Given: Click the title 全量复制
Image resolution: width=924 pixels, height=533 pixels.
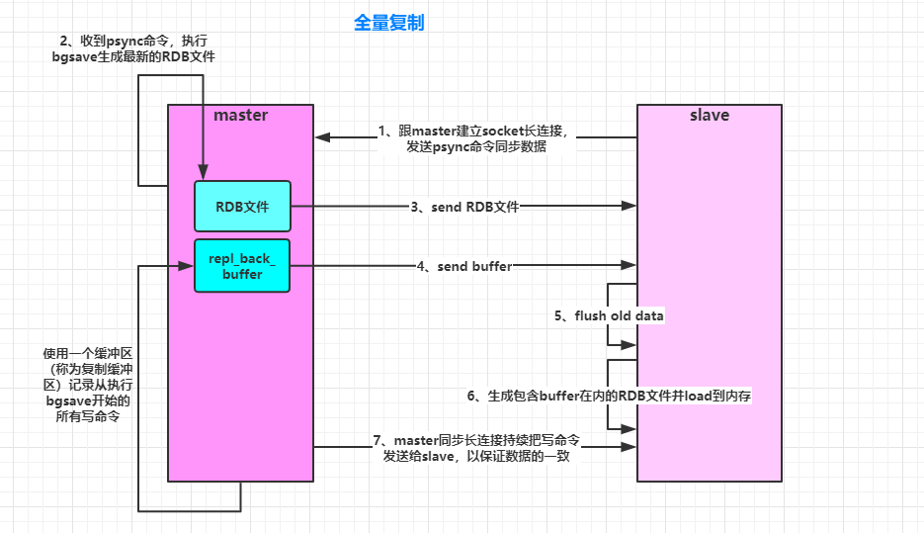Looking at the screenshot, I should click(x=388, y=22).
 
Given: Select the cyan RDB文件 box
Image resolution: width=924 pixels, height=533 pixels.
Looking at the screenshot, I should click(x=242, y=207).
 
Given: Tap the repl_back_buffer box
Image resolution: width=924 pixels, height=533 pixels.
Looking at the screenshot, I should click(x=242, y=265).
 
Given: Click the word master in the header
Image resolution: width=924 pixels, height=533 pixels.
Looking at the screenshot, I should click(x=241, y=116).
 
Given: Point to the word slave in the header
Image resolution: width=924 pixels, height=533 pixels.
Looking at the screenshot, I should click(x=709, y=116).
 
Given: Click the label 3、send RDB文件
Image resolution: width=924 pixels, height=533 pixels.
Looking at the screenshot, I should click(x=464, y=207).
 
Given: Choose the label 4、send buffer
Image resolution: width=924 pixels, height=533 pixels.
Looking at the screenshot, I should click(x=464, y=265).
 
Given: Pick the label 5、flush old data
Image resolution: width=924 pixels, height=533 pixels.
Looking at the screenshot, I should click(x=609, y=315).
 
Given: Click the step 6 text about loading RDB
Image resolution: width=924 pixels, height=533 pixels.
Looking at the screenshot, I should click(x=611, y=396).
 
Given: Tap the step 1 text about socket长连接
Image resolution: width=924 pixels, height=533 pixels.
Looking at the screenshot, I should click(x=475, y=138).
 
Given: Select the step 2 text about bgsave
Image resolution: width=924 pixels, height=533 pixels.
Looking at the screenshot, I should click(x=133, y=49).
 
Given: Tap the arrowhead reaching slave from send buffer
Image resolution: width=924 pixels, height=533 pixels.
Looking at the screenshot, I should click(x=629, y=265).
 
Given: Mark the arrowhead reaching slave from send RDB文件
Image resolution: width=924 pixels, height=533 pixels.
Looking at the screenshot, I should click(x=629, y=207).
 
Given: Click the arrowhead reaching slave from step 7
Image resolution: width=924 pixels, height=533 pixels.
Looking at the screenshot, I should click(x=629, y=447).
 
